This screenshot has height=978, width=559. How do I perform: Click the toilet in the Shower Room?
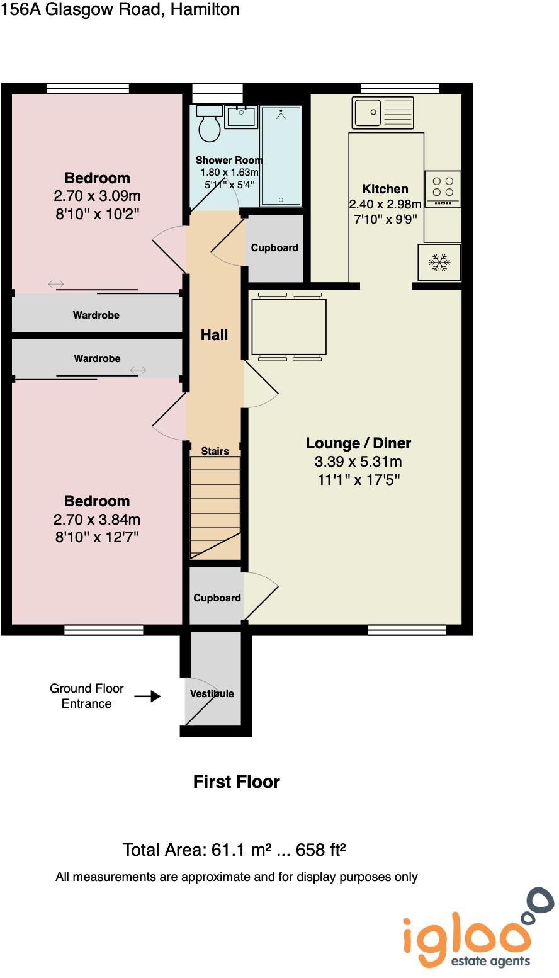(208, 125)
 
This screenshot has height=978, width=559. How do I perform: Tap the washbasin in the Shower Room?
(240, 117)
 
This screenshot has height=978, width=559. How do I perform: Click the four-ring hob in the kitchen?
(443, 187)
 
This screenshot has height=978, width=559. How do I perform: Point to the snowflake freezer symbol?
(439, 263)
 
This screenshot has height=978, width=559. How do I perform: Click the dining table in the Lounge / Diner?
(289, 326)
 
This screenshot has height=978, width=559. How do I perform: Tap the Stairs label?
(215, 451)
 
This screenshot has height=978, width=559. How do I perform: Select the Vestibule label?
(212, 693)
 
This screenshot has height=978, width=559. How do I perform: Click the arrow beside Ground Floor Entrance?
(147, 697)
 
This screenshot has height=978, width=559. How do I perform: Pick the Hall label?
(214, 335)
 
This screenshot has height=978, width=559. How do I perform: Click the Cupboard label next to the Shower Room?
(274, 248)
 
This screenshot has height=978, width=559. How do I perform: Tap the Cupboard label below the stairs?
(217, 598)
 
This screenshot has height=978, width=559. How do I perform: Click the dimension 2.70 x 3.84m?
(97, 520)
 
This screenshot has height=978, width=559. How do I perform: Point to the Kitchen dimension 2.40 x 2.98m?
(385, 205)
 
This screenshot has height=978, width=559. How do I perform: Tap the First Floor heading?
(236, 782)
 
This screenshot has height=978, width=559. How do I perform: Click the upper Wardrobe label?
(96, 315)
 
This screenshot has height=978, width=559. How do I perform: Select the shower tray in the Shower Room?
(281, 156)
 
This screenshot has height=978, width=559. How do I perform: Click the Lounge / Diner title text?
(358, 443)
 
